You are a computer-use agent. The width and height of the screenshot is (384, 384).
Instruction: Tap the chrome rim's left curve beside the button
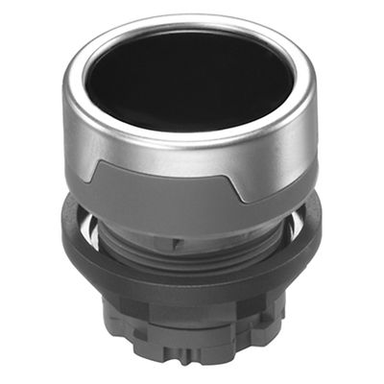79,86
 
